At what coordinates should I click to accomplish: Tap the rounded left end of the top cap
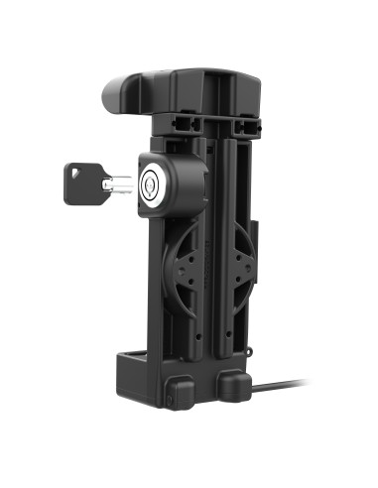click(112, 92)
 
